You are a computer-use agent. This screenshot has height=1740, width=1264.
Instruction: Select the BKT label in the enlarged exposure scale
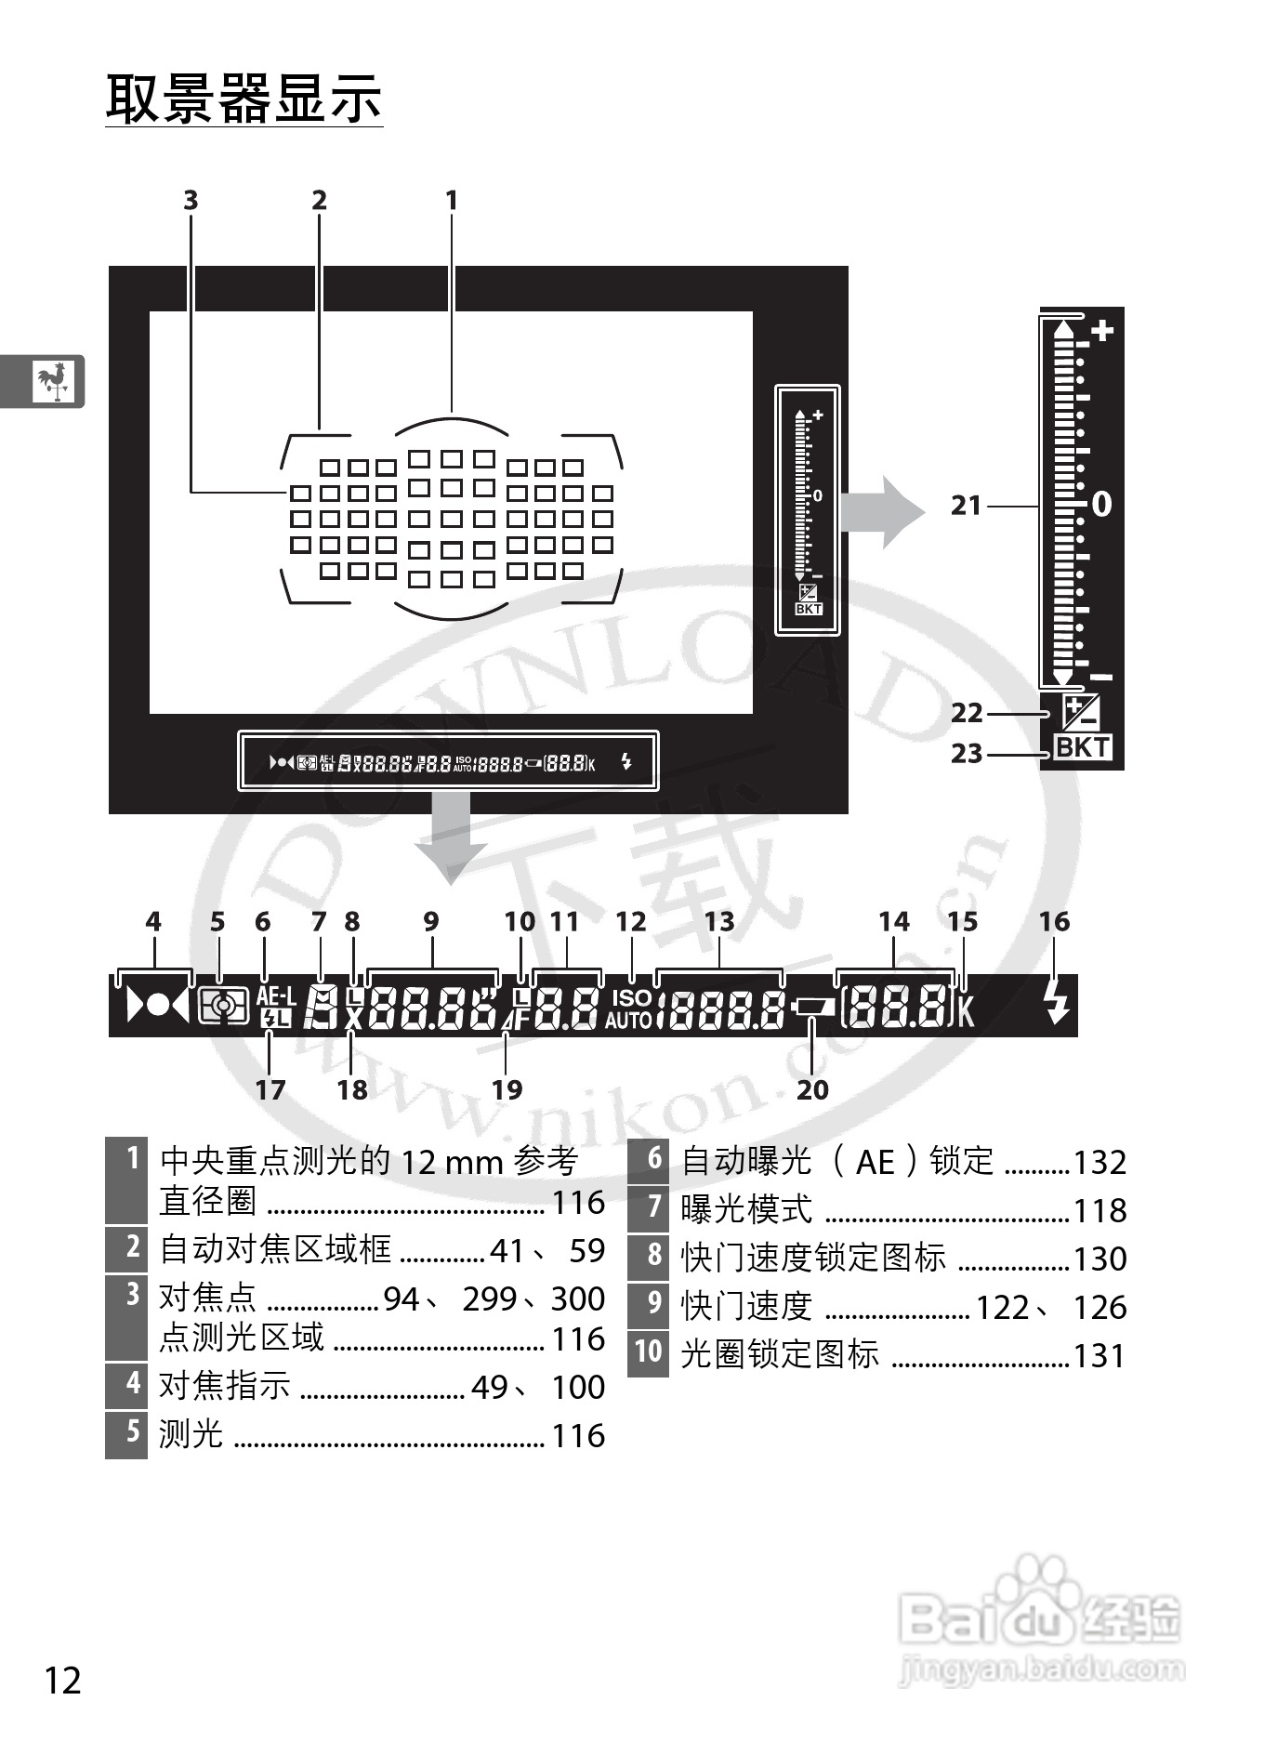tap(1082, 747)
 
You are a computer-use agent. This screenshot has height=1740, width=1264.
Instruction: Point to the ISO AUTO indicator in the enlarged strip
tap(631, 1008)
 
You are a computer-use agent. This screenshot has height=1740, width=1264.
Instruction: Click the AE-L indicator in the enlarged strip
tap(275, 996)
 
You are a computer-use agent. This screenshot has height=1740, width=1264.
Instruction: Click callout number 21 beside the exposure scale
tap(967, 506)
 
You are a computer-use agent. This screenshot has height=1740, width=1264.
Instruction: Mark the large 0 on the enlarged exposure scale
tap(1101, 504)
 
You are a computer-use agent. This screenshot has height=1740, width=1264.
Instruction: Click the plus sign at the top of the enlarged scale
tap(1102, 331)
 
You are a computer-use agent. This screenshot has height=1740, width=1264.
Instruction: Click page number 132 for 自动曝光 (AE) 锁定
tap(1099, 1162)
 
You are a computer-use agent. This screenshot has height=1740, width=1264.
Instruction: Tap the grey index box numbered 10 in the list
tap(648, 1351)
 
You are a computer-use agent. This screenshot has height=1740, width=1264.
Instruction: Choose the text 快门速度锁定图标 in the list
tap(813, 1258)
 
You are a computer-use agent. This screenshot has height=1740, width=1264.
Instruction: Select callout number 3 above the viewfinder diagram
tap(191, 201)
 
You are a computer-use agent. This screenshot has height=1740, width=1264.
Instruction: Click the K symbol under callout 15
tap(967, 1009)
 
